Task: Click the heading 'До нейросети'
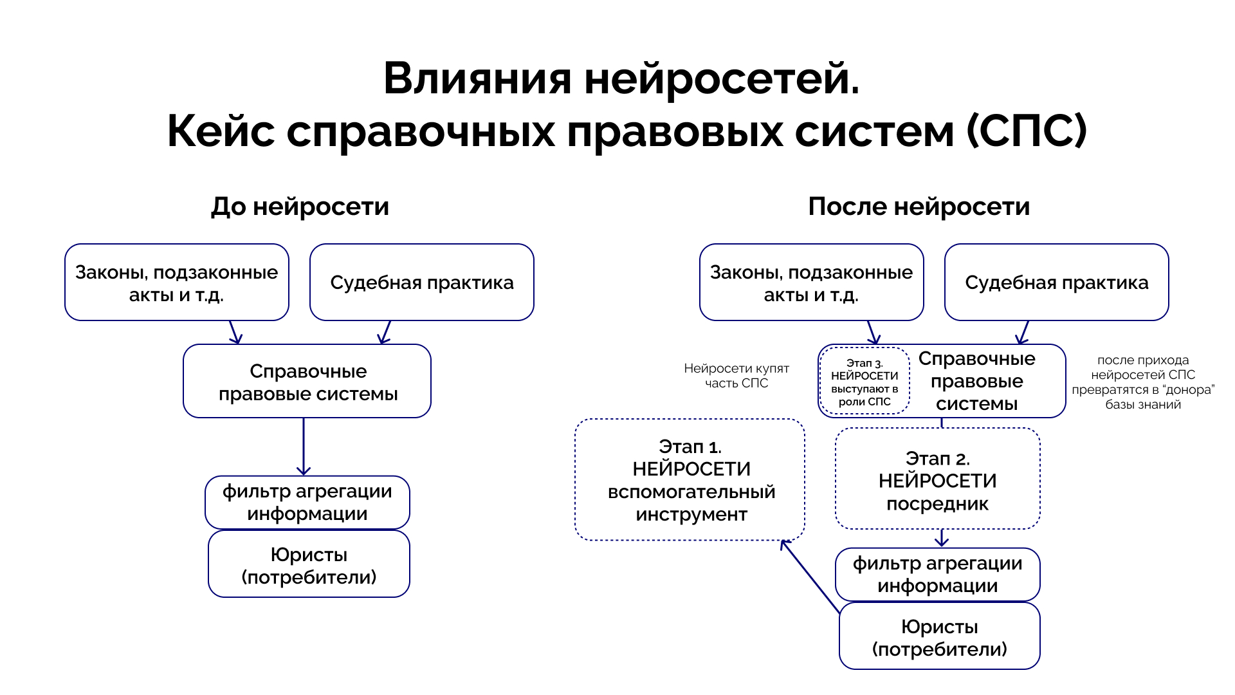point(300,207)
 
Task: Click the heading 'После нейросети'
point(919,207)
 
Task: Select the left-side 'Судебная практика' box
point(421,283)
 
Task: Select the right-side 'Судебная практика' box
point(1056,283)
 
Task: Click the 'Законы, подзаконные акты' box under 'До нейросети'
point(176,283)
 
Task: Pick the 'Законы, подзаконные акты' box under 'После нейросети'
point(811,283)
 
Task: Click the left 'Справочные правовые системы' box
point(307,382)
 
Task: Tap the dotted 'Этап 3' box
point(864,382)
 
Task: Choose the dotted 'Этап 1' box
point(690,480)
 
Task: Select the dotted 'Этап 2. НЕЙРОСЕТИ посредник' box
point(937,480)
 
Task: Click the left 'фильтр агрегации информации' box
point(307,503)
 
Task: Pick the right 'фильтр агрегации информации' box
point(937,575)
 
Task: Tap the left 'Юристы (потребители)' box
point(309,565)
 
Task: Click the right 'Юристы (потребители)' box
point(939,637)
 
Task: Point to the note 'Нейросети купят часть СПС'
point(736,375)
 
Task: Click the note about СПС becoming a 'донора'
point(1142,382)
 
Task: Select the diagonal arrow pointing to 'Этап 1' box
point(810,576)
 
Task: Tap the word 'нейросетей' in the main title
point(721,79)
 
